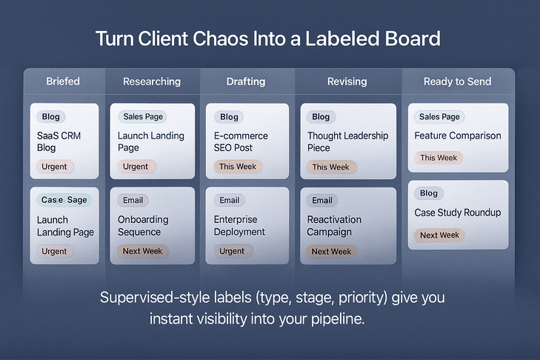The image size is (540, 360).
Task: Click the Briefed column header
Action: [x=63, y=81]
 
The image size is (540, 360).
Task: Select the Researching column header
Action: [x=151, y=81]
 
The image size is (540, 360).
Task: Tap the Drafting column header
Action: [x=245, y=81]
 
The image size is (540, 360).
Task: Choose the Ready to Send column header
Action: [x=457, y=81]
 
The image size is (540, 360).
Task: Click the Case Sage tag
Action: [x=64, y=200]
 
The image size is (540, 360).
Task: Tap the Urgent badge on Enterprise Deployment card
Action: [x=232, y=251]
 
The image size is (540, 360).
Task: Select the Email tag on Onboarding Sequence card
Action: [x=133, y=200]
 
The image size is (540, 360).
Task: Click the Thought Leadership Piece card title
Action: [x=347, y=141]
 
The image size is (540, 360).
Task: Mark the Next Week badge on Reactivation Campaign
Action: [x=331, y=251]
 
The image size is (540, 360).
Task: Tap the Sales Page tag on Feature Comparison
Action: [x=439, y=116]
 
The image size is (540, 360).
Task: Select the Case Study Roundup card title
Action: [x=457, y=213]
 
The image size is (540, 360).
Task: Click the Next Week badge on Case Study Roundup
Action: [x=439, y=235]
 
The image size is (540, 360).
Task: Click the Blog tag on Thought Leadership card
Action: [x=321, y=116]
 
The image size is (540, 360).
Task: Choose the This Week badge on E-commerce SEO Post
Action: [x=237, y=167]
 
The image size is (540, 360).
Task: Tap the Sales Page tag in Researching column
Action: [x=144, y=116]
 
